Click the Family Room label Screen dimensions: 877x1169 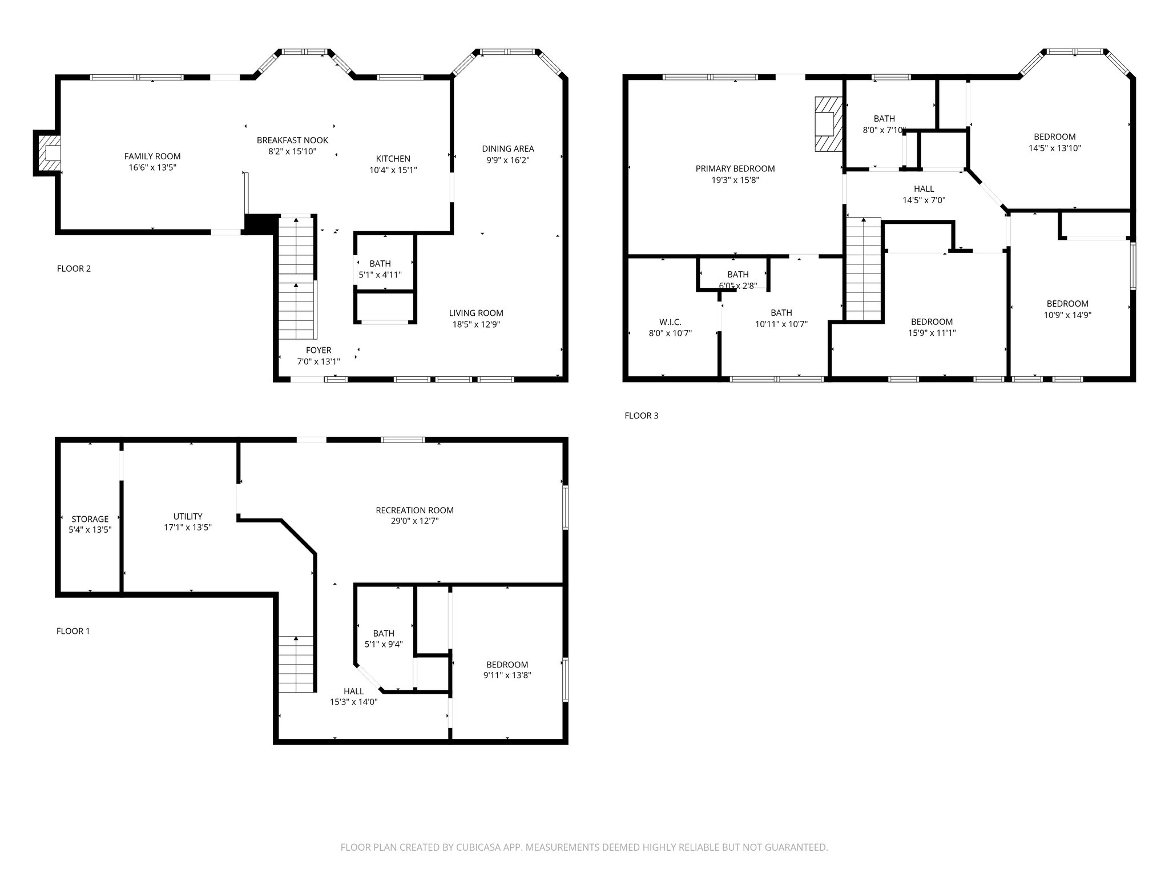(x=152, y=156)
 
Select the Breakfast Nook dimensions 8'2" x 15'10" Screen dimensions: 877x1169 (x=292, y=151)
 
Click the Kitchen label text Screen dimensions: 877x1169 (x=393, y=159)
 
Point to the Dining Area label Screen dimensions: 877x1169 (x=507, y=149)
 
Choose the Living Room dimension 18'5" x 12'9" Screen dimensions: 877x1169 (x=476, y=324)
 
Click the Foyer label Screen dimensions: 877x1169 (x=318, y=350)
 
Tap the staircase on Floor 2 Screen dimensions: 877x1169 (x=296, y=280)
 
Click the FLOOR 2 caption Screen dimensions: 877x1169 (x=74, y=268)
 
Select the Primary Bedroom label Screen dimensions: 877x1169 (x=735, y=168)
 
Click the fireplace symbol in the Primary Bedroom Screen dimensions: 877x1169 (x=828, y=124)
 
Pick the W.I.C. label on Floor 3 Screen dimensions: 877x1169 (x=670, y=322)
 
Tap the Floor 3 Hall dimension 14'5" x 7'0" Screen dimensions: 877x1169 (x=924, y=200)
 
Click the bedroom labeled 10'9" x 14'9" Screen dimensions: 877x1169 (x=1067, y=309)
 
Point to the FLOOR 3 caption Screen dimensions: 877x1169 (x=641, y=416)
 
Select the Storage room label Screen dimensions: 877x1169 (x=90, y=519)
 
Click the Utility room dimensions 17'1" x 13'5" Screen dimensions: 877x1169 (x=188, y=528)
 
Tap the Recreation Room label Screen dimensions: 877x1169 (x=414, y=510)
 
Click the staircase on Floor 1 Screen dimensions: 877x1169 (x=296, y=665)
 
